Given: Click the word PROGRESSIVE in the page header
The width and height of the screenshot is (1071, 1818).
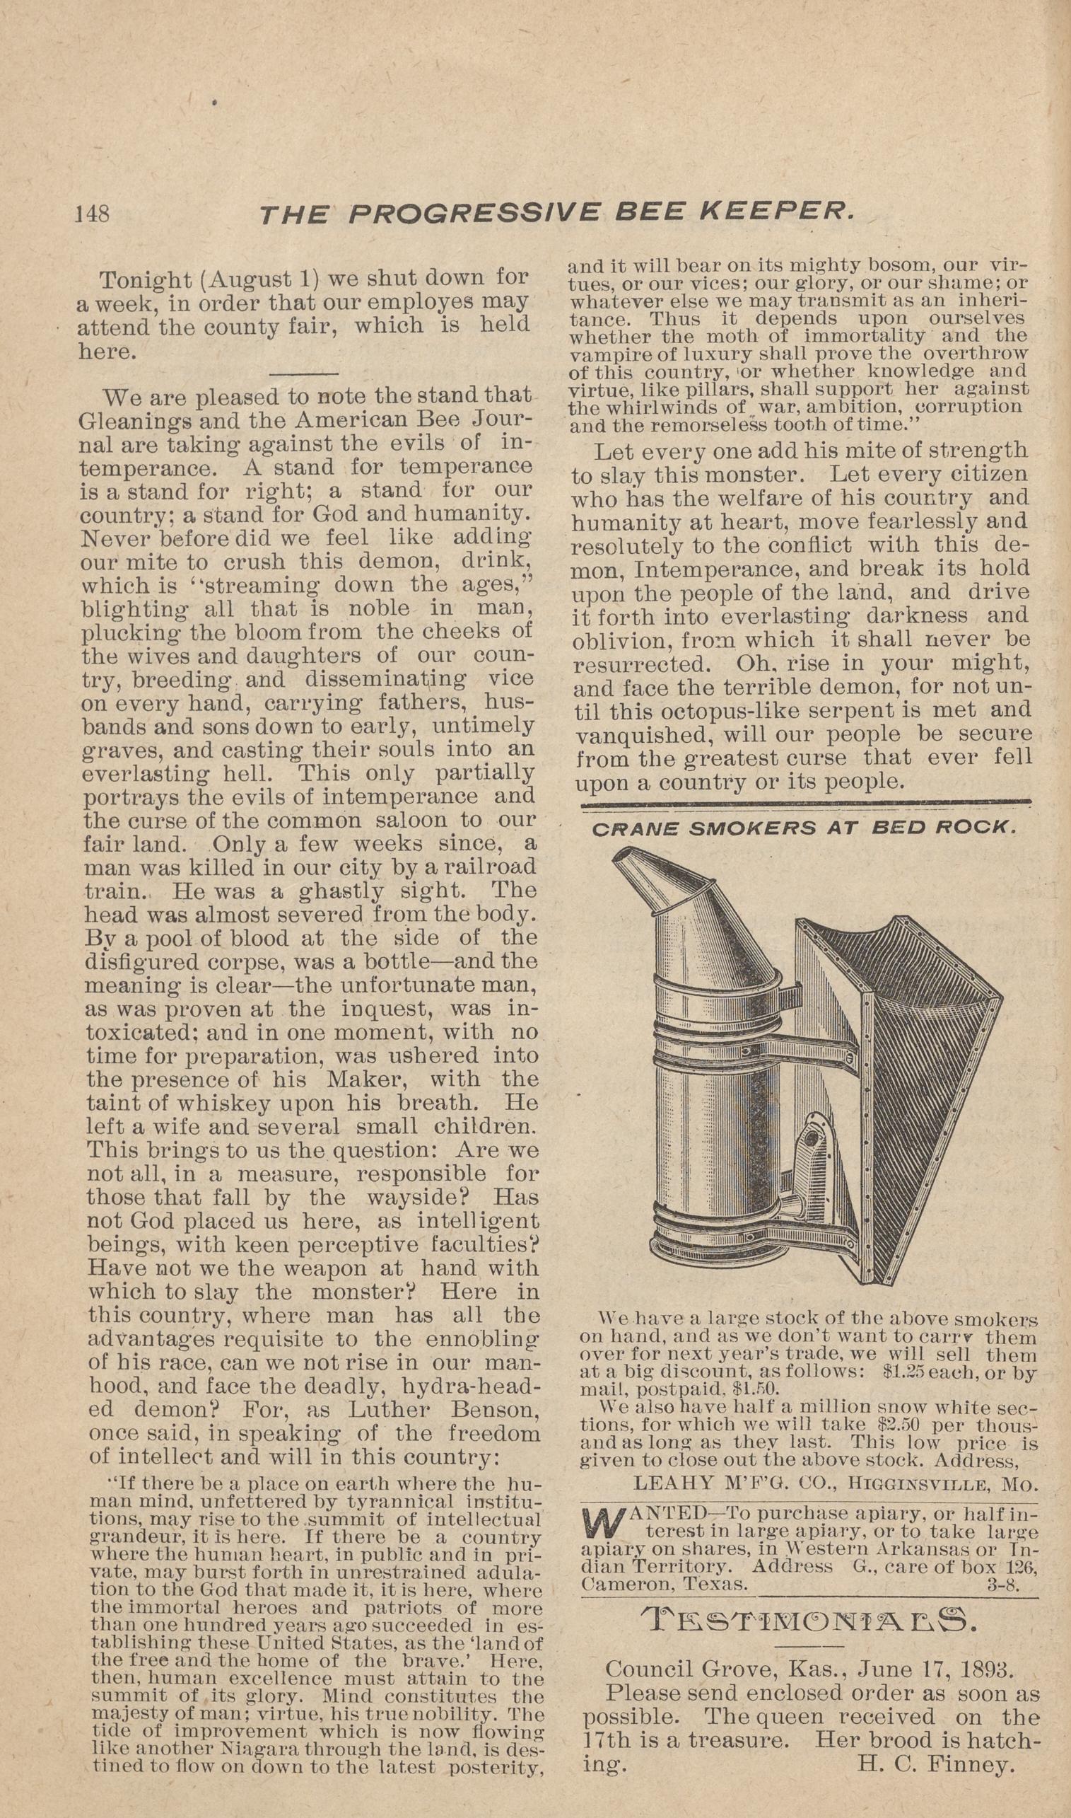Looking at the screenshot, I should pos(474,214).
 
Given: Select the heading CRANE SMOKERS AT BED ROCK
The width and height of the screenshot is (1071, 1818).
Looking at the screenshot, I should pos(804,828).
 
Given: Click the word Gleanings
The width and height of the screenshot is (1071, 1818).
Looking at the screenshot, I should pos(134,420).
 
